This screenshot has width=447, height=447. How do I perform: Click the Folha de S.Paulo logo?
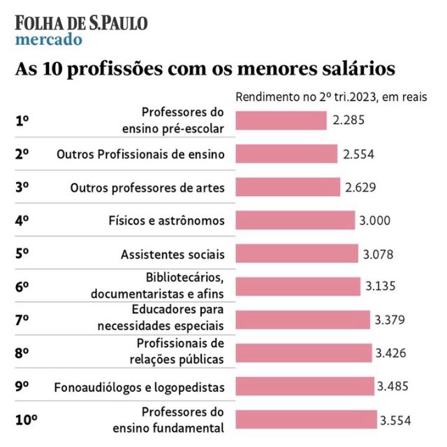81,22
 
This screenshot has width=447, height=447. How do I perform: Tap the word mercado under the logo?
48,39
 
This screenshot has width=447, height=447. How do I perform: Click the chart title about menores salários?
205,70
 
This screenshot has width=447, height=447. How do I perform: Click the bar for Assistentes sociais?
297,253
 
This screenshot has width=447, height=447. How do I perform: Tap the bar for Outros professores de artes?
288,187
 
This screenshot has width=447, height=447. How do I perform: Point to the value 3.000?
374,220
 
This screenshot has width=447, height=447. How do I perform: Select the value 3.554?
395,420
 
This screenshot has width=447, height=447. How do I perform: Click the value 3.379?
390,320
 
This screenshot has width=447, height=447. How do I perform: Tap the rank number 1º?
22,120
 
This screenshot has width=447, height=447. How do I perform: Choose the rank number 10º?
26,420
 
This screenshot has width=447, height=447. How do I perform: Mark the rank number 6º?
22,287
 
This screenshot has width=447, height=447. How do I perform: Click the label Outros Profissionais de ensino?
140,154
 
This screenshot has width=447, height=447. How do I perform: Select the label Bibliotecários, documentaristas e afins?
157,287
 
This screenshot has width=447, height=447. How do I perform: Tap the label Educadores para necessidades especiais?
161,320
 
